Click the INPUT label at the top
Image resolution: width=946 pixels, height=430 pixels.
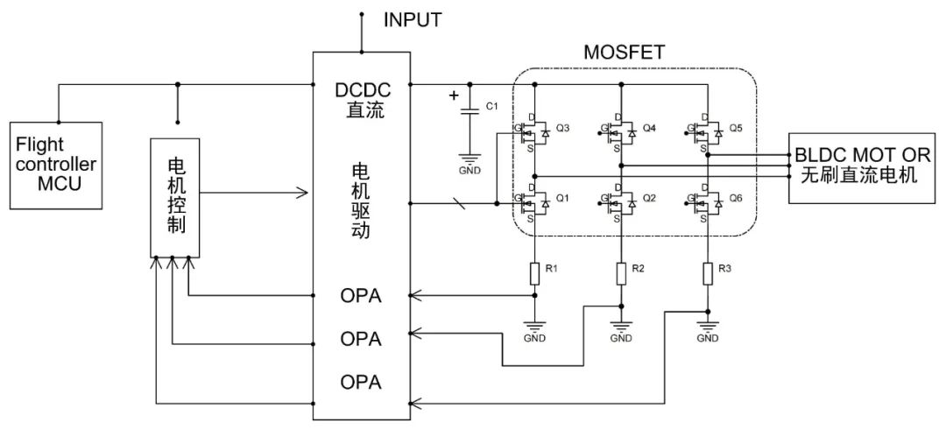pos(413,19)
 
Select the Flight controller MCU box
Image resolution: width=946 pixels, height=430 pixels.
pos(55,165)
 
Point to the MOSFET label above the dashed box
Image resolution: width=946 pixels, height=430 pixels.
pos(624,53)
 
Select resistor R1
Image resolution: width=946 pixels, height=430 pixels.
pos(534,274)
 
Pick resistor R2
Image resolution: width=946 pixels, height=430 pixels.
pos(621,274)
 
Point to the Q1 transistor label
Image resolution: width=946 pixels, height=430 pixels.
pos(562,199)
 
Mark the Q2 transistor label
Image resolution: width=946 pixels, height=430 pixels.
pos(649,199)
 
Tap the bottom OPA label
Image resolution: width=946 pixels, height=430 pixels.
pos(361,383)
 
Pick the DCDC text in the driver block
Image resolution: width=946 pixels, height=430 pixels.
pos(361,91)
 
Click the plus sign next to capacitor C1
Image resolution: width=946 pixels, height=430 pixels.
pos(454,95)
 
